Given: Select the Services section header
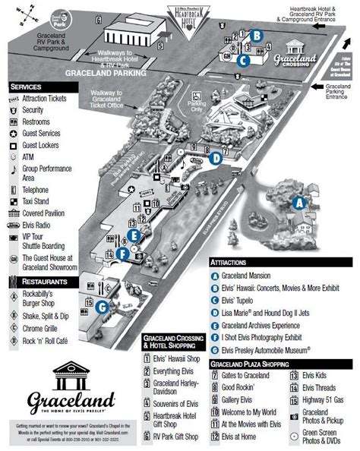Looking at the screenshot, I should pos(27,87).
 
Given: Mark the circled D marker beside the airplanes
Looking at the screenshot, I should pos(215,158).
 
